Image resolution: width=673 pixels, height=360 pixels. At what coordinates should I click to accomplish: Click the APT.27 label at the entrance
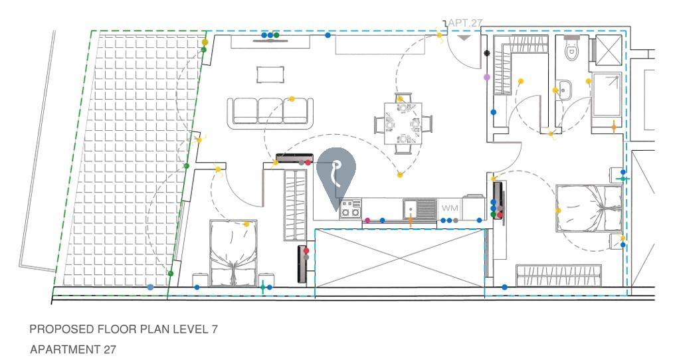[465, 23]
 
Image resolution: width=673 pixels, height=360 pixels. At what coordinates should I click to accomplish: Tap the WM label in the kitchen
[450, 209]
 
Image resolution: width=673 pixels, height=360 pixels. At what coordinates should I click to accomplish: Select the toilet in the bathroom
[571, 48]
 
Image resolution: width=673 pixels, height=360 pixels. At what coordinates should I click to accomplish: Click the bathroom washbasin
[565, 88]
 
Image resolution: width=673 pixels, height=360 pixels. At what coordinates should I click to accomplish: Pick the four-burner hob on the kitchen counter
[349, 209]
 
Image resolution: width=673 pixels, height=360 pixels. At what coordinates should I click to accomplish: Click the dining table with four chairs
[403, 123]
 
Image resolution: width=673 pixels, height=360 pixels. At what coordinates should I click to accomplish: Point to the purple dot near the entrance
[487, 78]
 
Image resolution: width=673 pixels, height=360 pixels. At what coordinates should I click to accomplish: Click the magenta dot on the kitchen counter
[367, 220]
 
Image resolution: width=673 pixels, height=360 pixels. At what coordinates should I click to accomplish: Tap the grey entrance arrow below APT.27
[464, 38]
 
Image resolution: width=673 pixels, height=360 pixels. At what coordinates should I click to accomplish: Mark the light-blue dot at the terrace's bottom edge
[150, 287]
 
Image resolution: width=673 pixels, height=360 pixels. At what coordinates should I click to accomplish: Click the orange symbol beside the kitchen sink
[411, 221]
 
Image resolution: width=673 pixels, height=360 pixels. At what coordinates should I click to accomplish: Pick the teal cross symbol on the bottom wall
[263, 287]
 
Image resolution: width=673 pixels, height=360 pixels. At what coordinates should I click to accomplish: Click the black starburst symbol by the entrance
[487, 53]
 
